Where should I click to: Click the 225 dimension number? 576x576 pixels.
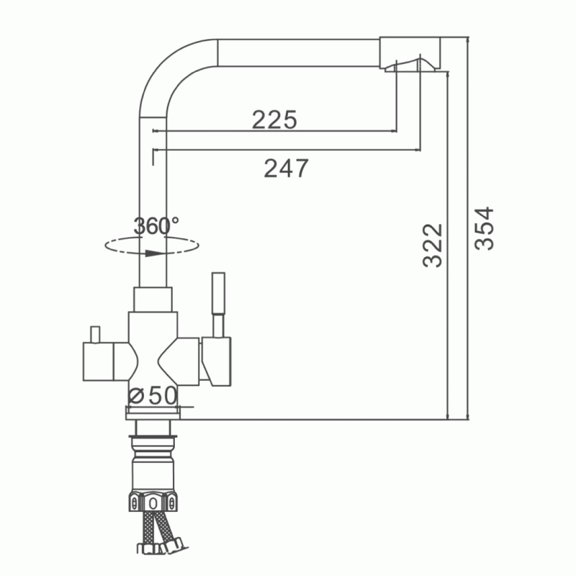pyautogui.click(x=274, y=120)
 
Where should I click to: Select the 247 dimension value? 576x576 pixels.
pyautogui.click(x=286, y=168)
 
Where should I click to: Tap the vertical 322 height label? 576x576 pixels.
pyautogui.click(x=433, y=245)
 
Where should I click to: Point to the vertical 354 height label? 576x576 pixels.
pyautogui.click(x=484, y=228)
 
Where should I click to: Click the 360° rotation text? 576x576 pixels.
pyautogui.click(x=156, y=225)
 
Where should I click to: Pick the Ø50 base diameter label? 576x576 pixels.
pyautogui.click(x=153, y=395)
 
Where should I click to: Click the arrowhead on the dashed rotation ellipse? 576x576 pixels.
pyautogui.click(x=153, y=253)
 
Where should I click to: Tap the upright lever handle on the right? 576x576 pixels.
pyautogui.click(x=219, y=305)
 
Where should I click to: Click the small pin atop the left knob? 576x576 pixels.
pyautogui.click(x=96, y=334)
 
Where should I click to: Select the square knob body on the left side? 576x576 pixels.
pyautogui.click(x=99, y=361)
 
